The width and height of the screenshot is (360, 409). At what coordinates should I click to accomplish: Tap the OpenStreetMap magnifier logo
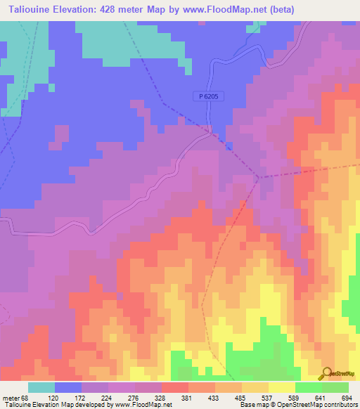pos(327,372)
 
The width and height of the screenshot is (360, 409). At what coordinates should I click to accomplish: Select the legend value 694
pos(345,398)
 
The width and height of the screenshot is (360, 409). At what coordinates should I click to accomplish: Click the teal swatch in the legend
pos(41,387)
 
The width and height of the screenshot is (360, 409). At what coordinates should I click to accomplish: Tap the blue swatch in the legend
pos(67,387)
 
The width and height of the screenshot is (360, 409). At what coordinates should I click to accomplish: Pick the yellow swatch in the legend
pos(281,387)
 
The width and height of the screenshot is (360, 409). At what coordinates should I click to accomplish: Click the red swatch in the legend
pos(174,387)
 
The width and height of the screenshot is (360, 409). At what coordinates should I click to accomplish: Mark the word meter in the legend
pos(11,398)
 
